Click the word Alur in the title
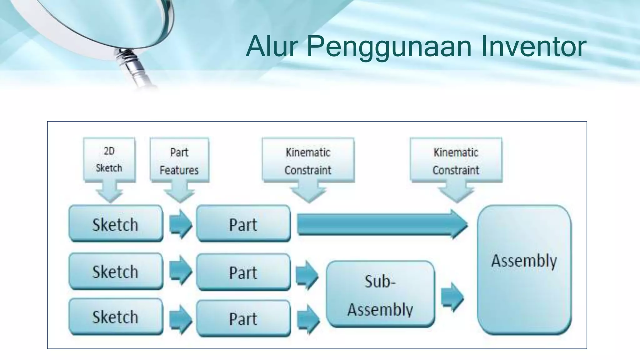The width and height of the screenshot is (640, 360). point(271,47)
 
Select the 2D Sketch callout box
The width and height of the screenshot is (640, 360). point(109,160)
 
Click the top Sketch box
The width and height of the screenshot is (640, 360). point(116,224)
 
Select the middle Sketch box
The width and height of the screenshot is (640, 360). point(116,271)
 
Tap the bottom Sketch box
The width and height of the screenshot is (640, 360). point(116,317)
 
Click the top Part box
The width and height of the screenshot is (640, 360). point(243,224)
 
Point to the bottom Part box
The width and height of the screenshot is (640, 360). point(243,318)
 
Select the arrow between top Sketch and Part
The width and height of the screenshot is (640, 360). point(180,224)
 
